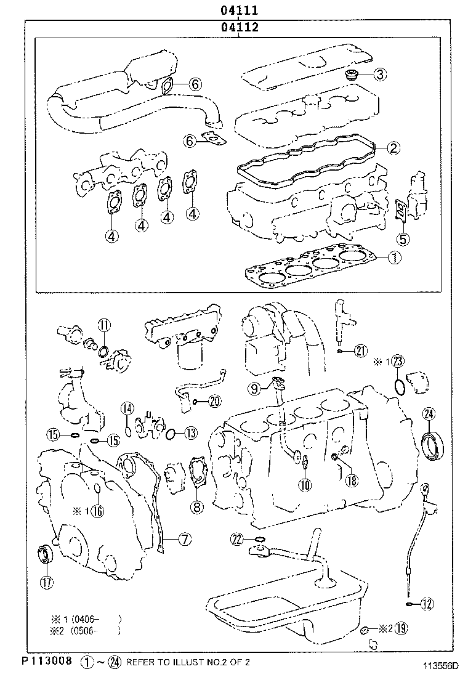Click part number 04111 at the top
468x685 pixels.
240,10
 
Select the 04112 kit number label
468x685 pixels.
240,27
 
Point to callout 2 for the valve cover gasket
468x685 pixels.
393,147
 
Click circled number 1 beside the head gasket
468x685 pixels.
393,258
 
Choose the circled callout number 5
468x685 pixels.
402,239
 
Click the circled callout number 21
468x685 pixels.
360,351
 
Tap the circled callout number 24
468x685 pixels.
429,415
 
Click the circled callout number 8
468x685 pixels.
196,508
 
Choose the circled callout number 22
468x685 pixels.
238,540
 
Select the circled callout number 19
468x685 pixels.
401,629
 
